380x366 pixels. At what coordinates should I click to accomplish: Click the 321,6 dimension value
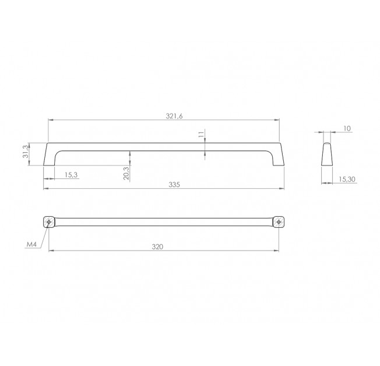pyautogui.click(x=174, y=116)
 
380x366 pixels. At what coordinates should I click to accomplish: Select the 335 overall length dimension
pyautogui.click(x=174, y=185)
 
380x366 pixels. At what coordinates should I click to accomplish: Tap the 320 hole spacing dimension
pyautogui.click(x=157, y=247)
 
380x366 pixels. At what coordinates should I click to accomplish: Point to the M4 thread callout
pyautogui.click(x=31, y=244)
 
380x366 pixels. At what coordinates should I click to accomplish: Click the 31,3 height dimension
pyautogui.click(x=26, y=152)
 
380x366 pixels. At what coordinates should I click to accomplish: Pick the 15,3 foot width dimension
pyautogui.click(x=71, y=175)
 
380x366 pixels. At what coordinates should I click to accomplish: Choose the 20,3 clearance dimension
pyautogui.click(x=126, y=173)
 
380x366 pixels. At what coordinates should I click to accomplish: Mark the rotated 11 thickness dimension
pyautogui.click(x=201, y=135)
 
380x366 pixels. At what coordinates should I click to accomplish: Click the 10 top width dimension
pyautogui.click(x=347, y=128)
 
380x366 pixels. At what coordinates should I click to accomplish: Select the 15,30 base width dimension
pyautogui.click(x=347, y=180)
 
